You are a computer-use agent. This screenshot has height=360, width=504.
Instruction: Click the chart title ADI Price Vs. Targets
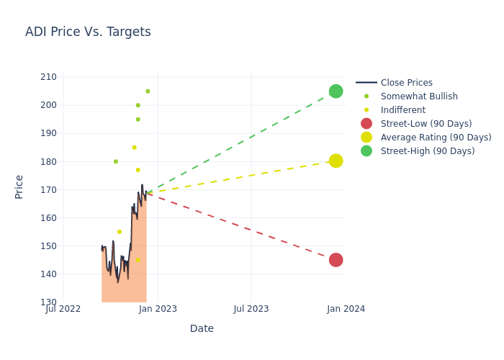[88, 32]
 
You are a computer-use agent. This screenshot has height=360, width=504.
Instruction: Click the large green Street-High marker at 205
[336, 91]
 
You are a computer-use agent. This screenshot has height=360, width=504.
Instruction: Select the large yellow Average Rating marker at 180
[336, 161]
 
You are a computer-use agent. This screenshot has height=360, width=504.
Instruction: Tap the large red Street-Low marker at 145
[336, 260]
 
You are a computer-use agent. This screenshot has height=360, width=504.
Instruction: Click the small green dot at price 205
[148, 91]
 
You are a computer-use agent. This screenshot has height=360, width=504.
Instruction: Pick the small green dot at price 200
[138, 105]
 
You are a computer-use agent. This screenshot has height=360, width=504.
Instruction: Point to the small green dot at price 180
[115, 161]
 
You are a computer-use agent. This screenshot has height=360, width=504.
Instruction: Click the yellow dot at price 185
[134, 148]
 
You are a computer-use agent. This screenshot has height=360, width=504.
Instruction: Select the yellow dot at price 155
[120, 232]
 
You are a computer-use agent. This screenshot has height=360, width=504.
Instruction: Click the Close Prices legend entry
[406, 83]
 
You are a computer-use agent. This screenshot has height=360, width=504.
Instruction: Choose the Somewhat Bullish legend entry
[419, 96]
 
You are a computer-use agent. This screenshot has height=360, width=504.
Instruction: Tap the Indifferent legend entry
[402, 110]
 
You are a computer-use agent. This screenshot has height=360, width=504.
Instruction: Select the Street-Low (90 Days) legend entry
[426, 124]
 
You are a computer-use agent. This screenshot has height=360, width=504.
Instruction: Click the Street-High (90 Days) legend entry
[427, 151]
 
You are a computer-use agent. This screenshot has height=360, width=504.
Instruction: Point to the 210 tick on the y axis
[48, 77]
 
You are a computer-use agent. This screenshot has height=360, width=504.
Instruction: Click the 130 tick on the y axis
[48, 302]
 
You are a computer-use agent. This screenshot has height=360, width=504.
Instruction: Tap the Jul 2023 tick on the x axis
[251, 309]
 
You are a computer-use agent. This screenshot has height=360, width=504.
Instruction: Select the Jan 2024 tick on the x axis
[346, 309]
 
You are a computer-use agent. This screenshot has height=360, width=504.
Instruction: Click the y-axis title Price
[19, 186]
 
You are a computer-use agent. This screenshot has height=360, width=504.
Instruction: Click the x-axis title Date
[202, 328]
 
